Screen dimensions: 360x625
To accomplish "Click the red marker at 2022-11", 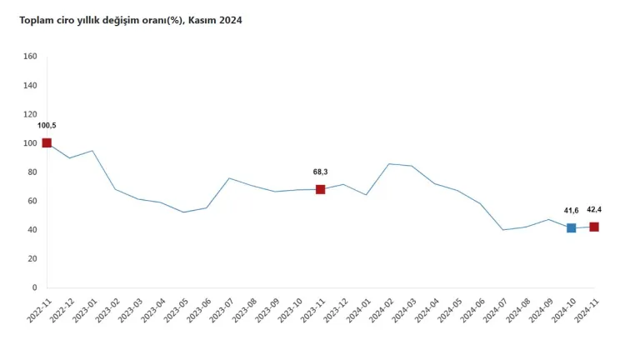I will point(47,143).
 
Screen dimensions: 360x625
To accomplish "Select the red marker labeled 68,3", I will point(321,189).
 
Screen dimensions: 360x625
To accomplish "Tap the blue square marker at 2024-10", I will point(572,227).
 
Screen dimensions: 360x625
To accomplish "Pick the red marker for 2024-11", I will point(594,227).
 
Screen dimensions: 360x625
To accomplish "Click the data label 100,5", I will point(47,125).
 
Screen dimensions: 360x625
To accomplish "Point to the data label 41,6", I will point(571,211).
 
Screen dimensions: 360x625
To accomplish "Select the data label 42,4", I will point(595,209).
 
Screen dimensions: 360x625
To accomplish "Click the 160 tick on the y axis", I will point(31,57).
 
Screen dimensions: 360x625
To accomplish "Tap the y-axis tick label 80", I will point(32,172).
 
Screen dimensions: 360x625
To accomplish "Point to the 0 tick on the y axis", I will point(34,287).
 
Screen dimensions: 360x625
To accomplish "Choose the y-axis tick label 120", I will point(31,114).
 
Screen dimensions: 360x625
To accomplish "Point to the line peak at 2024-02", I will point(389,163).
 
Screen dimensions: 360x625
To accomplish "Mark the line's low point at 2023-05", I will point(184,212).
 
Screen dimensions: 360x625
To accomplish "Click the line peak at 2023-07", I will point(229,178).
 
